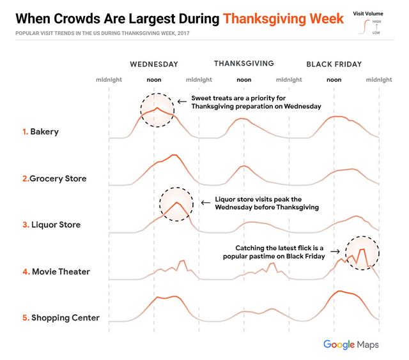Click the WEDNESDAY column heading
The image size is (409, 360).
153,64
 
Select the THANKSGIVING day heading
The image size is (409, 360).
243,63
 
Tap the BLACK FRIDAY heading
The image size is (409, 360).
334,64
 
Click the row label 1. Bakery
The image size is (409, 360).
40,131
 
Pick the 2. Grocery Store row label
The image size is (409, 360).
54,178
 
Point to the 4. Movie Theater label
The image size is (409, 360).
56,271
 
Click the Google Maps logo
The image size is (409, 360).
351,345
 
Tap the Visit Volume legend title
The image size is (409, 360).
368,13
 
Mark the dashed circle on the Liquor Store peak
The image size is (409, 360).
176,204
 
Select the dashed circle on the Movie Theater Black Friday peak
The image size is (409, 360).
362,253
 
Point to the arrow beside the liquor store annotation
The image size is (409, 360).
205,203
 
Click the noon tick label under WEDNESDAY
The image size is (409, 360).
153,80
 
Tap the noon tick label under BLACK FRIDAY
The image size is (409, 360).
334,80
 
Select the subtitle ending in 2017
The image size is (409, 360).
103,33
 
